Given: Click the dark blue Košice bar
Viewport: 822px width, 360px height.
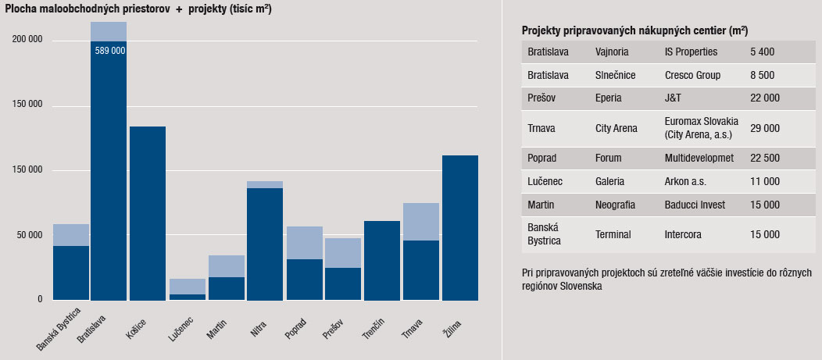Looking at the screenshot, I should coord(148,212).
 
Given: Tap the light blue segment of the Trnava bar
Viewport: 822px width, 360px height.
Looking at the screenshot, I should coord(421,221).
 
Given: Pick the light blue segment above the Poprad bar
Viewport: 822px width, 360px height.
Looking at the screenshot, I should coord(304,242).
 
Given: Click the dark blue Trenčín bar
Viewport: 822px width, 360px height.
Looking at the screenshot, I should coord(382,260).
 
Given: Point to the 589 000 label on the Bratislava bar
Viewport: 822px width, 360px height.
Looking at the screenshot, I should coord(109,50).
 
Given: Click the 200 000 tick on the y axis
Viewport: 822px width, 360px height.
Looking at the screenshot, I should coord(28,40).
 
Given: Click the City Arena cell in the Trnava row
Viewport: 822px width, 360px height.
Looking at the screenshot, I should coord(616,128).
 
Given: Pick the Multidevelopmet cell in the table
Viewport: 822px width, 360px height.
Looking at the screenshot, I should coord(699,158).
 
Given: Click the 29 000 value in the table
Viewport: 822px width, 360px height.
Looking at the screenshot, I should coord(764,128).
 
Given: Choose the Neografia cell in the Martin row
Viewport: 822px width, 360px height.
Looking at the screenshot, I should coord(614,205).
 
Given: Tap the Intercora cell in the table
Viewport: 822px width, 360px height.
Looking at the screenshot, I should coord(685,233).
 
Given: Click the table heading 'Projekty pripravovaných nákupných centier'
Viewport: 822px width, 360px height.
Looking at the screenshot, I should coord(634,30).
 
